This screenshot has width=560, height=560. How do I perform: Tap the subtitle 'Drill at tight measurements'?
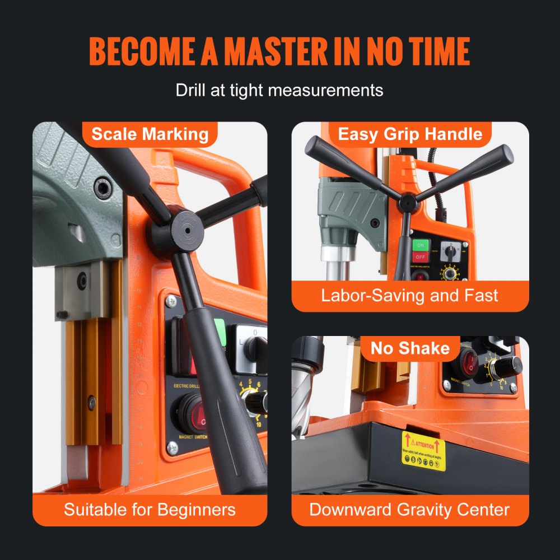click(279, 90)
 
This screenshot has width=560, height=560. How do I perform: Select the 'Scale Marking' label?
click(150, 134)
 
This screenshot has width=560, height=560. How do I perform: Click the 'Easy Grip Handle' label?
click(410, 134)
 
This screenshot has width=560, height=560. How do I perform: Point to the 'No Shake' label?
click(410, 348)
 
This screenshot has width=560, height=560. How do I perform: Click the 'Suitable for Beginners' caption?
click(150, 510)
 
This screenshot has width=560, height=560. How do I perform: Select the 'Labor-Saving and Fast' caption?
click(409, 296)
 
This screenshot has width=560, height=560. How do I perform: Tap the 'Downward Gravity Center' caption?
click(409, 510)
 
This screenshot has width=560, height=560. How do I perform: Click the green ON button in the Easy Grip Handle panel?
click(421, 245)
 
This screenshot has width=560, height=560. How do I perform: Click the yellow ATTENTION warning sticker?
click(423, 451)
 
